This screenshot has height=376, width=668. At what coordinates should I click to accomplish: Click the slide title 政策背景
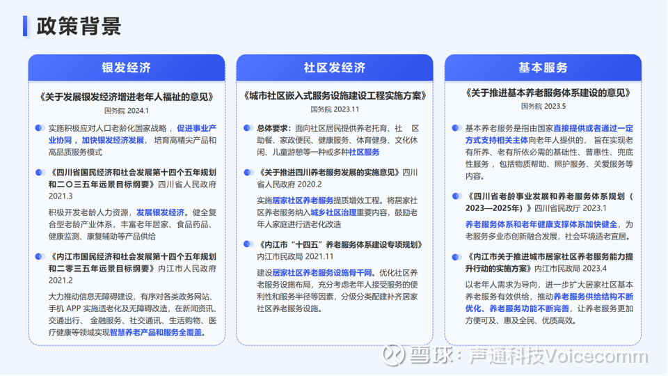click(79, 26)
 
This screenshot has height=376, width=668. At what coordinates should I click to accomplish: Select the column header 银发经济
click(127, 68)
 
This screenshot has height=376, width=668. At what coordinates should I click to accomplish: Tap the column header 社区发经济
click(335, 68)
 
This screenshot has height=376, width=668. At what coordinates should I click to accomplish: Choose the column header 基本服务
click(543, 68)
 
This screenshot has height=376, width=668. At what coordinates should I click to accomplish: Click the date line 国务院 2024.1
click(127, 111)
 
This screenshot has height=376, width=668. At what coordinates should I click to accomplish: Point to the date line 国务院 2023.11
click(335, 109)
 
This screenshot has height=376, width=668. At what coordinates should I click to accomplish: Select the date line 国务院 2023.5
click(543, 106)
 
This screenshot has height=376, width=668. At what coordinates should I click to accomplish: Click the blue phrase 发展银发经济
click(160, 212)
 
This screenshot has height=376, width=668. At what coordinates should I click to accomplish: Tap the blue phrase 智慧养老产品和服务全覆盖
click(156, 332)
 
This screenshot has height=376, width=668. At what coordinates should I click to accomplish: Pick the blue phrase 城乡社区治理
click(333, 212)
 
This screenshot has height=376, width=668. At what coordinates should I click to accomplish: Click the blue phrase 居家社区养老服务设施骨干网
click(322, 272)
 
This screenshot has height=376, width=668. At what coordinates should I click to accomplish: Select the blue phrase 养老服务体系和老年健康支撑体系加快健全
click(541, 224)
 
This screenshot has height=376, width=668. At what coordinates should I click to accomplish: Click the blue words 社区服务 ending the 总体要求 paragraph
click(364, 152)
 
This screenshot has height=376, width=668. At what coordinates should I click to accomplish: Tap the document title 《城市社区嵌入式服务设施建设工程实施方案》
click(335, 95)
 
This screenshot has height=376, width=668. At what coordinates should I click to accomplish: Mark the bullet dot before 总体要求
click(248, 128)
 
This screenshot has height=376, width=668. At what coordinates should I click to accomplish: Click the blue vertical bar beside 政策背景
click(25, 26)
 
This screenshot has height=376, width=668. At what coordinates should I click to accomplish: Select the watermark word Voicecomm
click(596, 356)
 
